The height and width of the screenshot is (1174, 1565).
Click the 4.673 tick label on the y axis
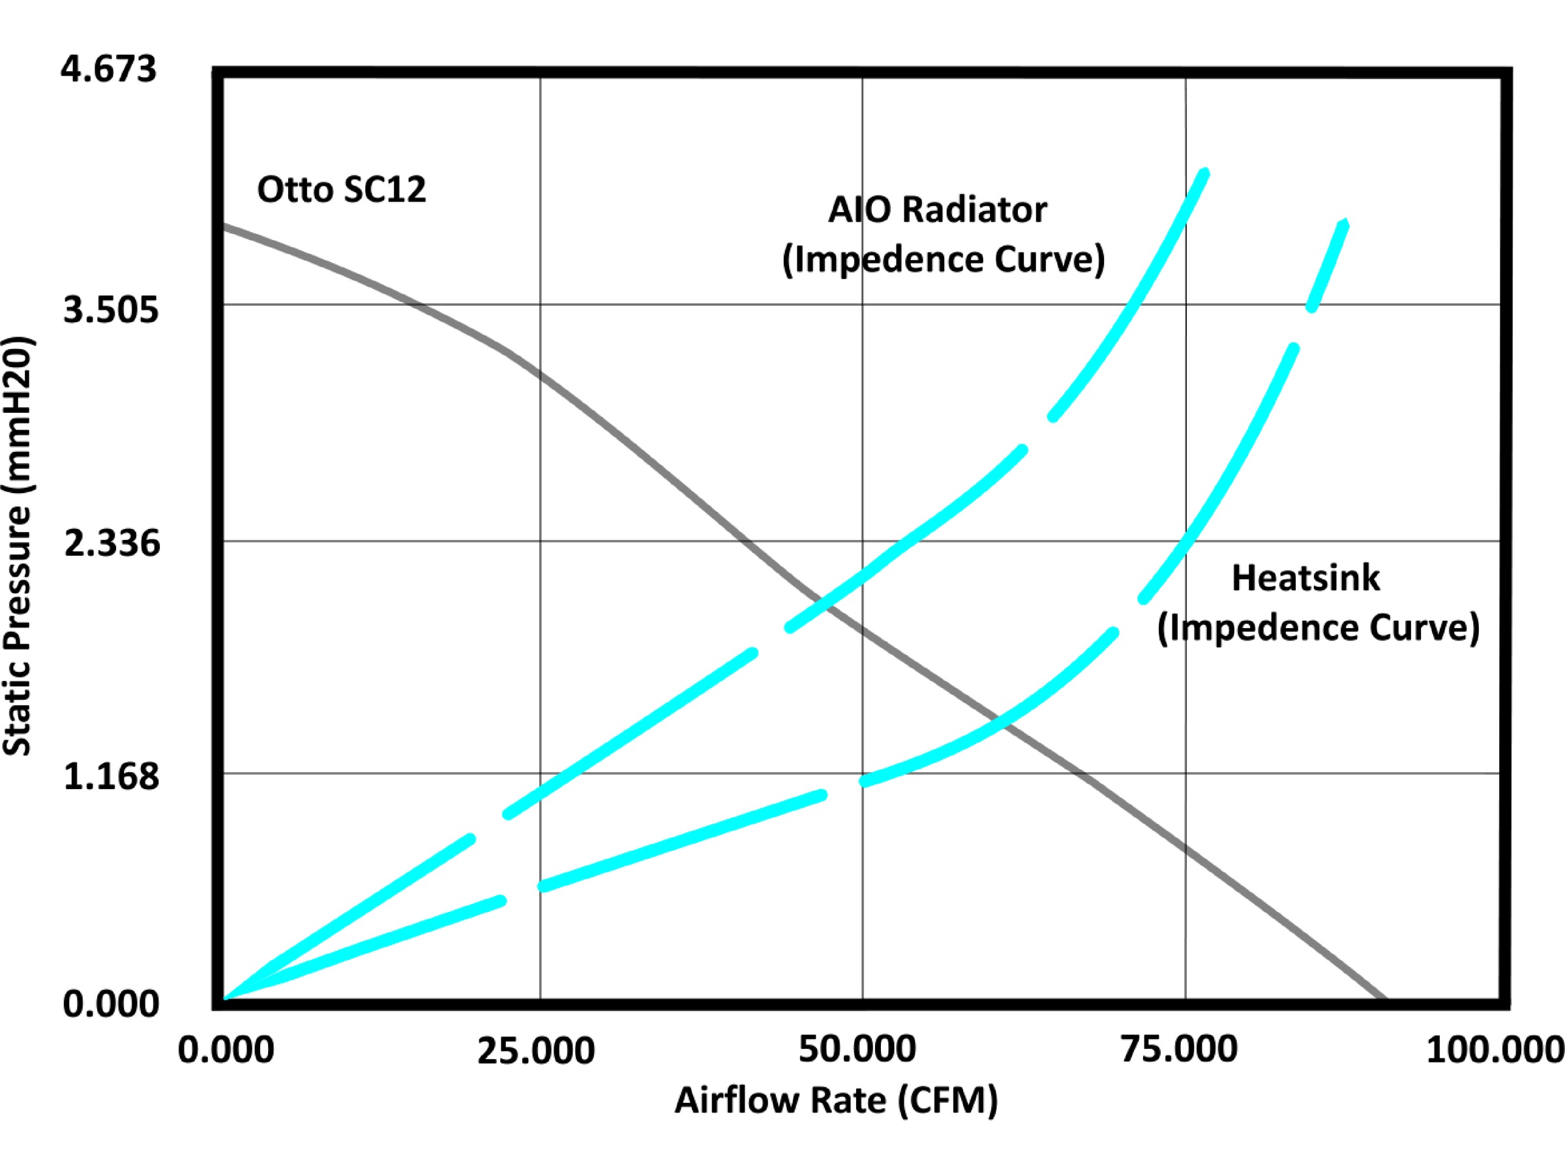pos(108,70)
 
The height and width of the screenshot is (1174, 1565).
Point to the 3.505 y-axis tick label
pos(111,310)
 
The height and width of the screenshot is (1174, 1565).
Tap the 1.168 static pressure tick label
pos(112,776)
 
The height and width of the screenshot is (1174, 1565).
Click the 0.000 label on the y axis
pos(111,1004)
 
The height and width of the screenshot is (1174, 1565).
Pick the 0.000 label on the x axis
pos(225,1049)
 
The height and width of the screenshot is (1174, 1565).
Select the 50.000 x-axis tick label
pos(857,1049)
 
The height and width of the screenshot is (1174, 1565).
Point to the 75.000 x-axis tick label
pos(1179,1049)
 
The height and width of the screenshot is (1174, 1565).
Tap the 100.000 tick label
pos(1495,1049)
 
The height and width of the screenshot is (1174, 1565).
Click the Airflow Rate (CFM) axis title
pos(835,1100)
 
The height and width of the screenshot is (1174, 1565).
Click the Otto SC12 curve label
pos(341,190)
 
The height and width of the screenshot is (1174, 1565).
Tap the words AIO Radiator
pos(937,209)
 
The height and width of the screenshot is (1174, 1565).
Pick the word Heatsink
pos(1305,577)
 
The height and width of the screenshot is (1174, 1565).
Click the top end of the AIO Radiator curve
pos(1205,173)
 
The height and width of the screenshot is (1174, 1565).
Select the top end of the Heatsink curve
pos(1343,225)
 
